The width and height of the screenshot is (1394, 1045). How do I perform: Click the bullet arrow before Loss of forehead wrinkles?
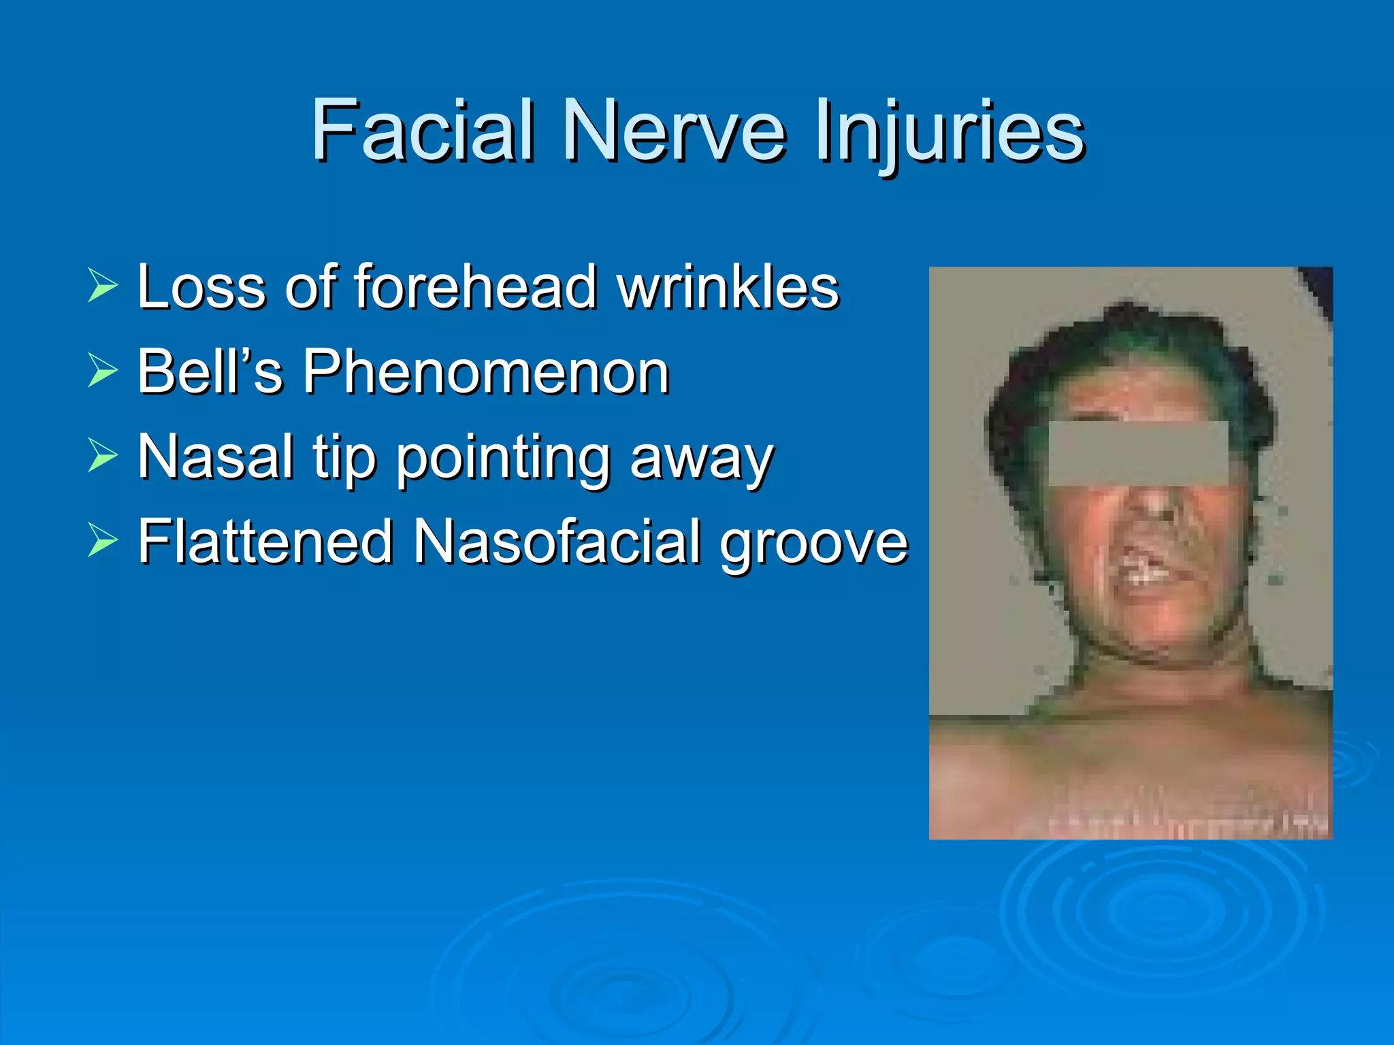pyautogui.click(x=103, y=286)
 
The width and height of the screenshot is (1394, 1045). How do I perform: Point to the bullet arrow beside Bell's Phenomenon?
pyautogui.click(x=103, y=371)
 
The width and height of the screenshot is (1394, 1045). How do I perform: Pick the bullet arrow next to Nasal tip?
pyautogui.click(x=103, y=457)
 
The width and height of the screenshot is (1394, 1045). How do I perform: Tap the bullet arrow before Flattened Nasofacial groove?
pyautogui.click(x=103, y=542)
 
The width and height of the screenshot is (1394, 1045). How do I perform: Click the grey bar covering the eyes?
pyautogui.click(x=1138, y=453)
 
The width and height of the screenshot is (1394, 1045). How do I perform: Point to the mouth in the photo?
pyautogui.click(x=1150, y=568)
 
